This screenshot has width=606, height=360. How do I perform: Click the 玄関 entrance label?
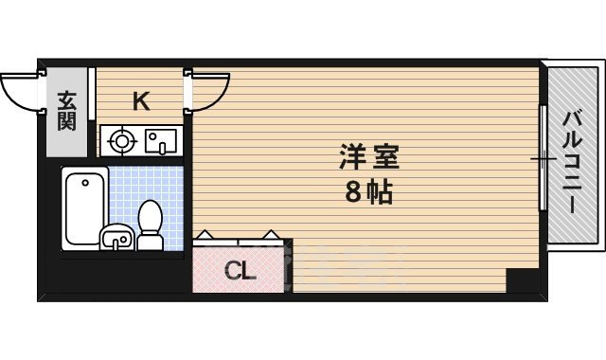[x=66, y=110]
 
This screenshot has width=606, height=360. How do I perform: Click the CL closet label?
[x=240, y=273]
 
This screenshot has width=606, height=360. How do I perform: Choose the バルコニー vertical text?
[x=572, y=161]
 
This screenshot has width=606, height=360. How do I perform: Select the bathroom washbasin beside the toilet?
[x=116, y=239]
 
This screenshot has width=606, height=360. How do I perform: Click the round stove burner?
[x=121, y=142]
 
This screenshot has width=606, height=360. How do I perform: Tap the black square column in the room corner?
[x=521, y=281]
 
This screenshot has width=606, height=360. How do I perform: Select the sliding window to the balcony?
[x=544, y=158]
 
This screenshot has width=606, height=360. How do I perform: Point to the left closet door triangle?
[x=205, y=234]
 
